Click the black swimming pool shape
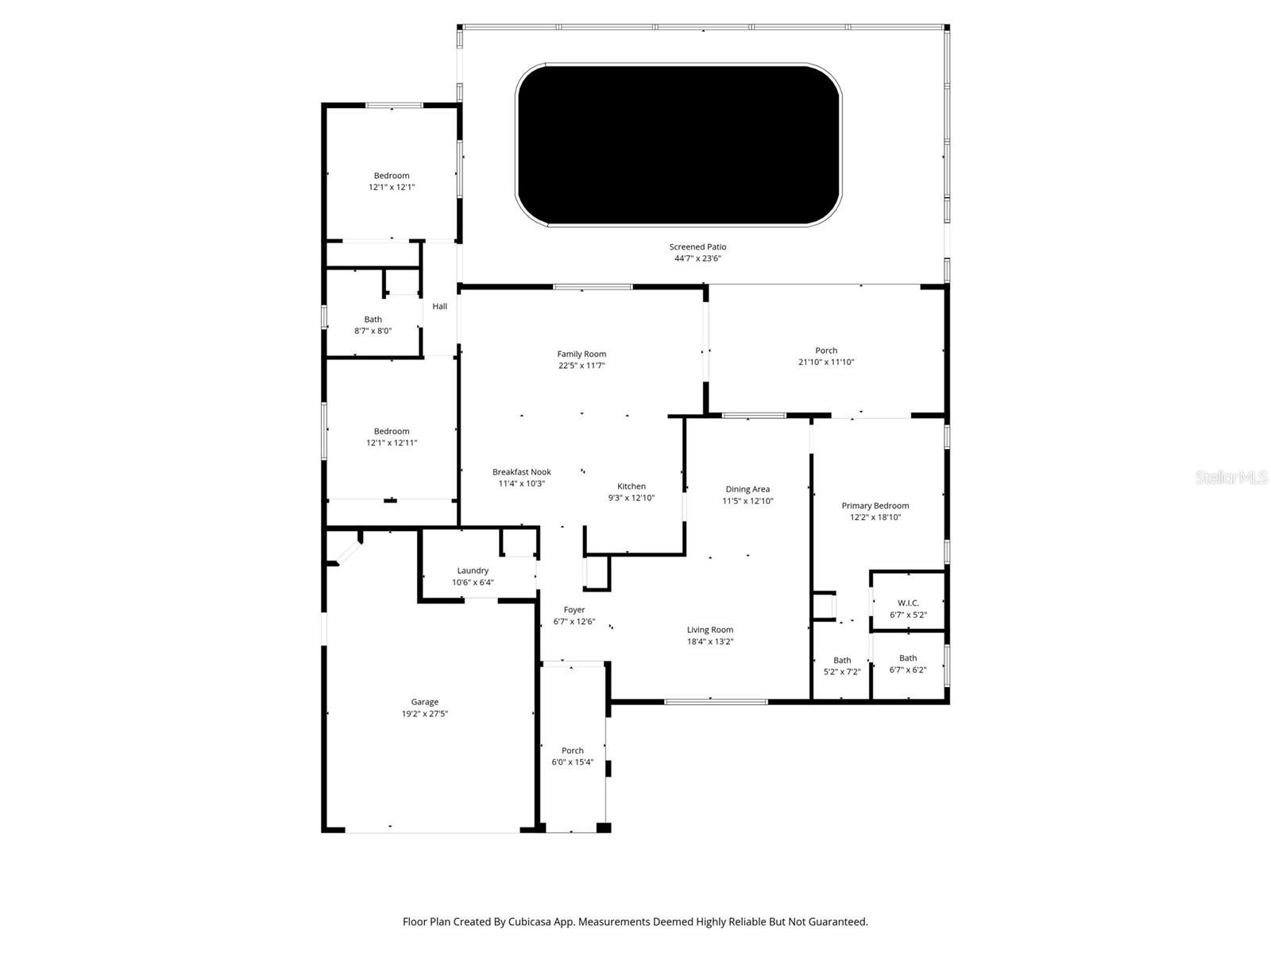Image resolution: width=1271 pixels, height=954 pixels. (678, 145)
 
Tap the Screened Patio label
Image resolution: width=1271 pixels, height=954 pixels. (697, 247)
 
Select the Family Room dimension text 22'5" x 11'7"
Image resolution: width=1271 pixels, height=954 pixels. (581, 366)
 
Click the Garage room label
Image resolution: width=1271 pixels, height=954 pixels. (424, 702)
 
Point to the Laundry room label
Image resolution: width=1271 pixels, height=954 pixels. (473, 571)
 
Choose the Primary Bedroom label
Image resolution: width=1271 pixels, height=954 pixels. (875, 506)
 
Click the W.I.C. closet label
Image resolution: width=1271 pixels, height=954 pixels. (908, 603)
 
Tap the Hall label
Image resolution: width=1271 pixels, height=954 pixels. (439, 306)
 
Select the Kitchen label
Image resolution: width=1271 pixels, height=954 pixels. (632, 487)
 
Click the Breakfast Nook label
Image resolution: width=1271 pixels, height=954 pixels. (521, 472)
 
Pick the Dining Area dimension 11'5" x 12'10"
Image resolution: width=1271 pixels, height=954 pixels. (748, 501)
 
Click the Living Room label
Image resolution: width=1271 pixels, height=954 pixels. (710, 630)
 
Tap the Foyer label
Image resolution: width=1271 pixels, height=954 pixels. (574, 610)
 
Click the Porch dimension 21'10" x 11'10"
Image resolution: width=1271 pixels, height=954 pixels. (826, 362)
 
